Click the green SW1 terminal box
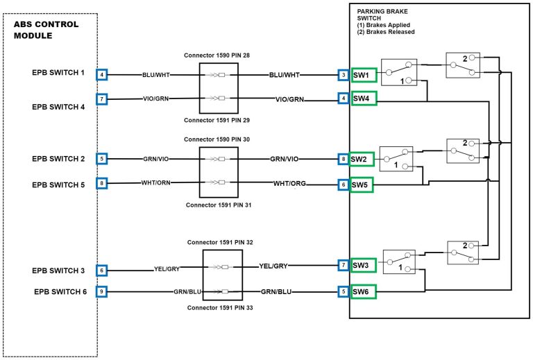364,74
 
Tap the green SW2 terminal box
361,159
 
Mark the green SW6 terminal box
363,291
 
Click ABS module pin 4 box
102,74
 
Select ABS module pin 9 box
102,291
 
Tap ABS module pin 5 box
102,159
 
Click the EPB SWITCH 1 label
58,72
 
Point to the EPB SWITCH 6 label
60,291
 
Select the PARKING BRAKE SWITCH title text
381,16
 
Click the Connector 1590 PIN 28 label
218,54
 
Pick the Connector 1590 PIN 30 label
218,139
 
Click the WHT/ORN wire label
158,184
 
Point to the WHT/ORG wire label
289,184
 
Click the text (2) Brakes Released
386,32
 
